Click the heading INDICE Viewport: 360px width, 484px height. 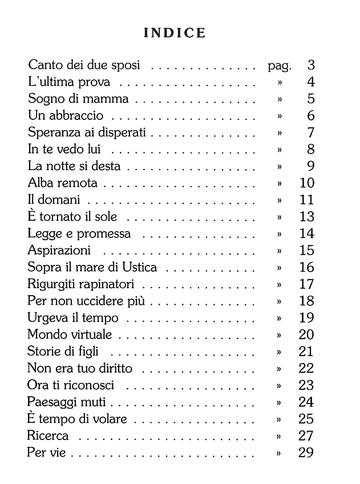(x=175, y=33)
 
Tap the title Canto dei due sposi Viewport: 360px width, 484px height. (x=84, y=65)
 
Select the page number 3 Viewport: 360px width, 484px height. (x=310, y=65)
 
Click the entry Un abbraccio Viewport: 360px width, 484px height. (x=66, y=116)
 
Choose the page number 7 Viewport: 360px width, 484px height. (x=310, y=133)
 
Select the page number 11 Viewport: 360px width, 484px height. (x=306, y=200)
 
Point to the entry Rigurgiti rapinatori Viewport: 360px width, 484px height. (x=84, y=284)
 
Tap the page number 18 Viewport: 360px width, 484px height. (x=306, y=301)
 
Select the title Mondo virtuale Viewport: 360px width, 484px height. (x=70, y=334)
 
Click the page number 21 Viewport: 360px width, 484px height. (x=306, y=352)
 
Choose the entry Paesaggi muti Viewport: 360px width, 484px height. (x=67, y=402)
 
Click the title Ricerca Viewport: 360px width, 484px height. (x=48, y=436)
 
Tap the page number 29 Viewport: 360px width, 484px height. (x=306, y=453)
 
